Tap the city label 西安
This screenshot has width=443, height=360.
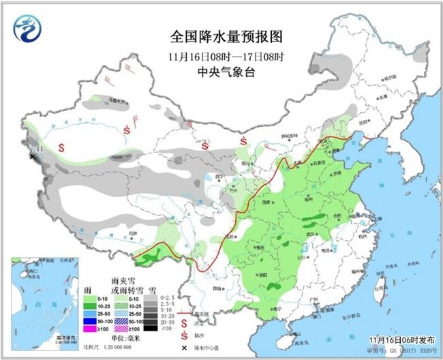(266, 202)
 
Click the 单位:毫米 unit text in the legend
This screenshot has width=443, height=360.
(125, 338)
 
